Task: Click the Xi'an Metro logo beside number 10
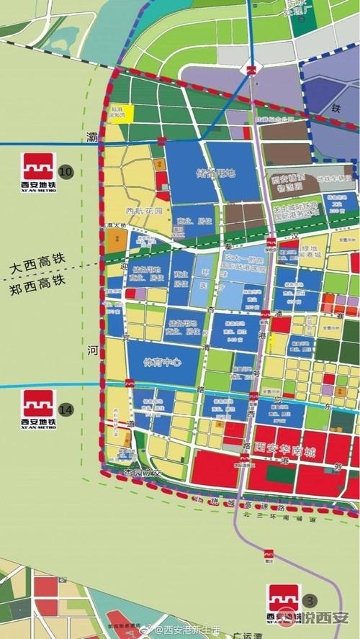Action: pyautogui.click(x=39, y=171)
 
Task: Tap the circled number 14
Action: pyautogui.click(x=66, y=409)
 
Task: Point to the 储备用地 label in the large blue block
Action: pyautogui.click(x=215, y=173)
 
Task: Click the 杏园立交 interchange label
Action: pyautogui.click(x=139, y=473)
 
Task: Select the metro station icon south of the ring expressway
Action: pyautogui.click(x=269, y=554)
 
